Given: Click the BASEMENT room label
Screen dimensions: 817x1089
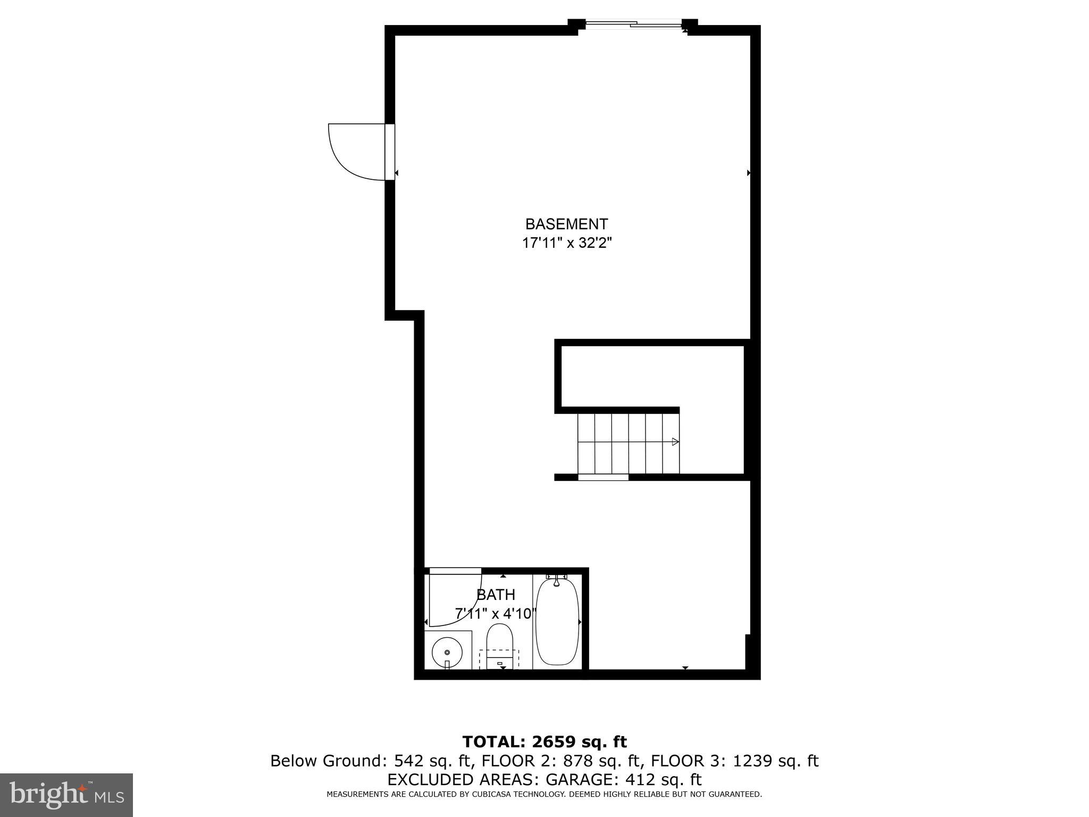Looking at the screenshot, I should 566,224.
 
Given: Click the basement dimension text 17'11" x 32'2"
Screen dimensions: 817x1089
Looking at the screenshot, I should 567,244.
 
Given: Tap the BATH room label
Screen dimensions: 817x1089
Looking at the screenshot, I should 496,595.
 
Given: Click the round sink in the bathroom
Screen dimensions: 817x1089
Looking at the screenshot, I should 447,652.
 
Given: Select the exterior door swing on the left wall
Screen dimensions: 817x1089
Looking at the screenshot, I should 355,152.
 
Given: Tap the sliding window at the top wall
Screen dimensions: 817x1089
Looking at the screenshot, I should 633,24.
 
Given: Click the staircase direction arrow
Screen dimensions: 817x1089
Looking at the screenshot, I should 675,441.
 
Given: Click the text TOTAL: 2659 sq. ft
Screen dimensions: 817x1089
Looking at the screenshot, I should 544,742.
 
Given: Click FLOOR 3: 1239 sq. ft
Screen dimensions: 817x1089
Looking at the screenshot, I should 734,761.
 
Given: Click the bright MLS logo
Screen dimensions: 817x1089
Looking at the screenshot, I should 66,795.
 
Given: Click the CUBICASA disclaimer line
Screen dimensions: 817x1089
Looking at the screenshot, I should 544,795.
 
